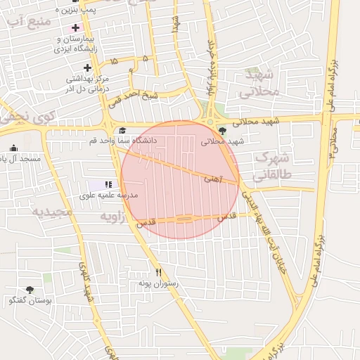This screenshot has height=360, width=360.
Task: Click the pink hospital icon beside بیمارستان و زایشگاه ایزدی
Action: [x=75, y=27]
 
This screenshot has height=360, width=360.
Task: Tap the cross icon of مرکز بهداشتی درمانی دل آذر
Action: [x=87, y=67]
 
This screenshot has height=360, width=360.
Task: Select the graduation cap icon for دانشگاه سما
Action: [x=122, y=130]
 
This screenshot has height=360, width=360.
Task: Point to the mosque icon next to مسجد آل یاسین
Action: [x=13, y=148]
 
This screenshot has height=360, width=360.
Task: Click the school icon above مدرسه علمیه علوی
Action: [x=108, y=184]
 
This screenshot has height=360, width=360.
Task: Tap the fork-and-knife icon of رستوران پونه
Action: [x=159, y=272]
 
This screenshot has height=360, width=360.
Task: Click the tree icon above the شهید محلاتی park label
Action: [x=223, y=130]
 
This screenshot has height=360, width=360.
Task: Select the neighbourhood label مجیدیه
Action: [x=52, y=212]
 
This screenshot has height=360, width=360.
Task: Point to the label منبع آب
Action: [x=30, y=21]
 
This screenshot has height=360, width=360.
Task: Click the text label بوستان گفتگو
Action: [x=28, y=300]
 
